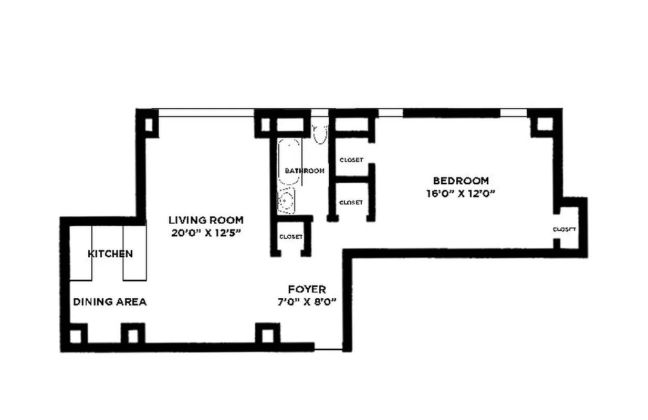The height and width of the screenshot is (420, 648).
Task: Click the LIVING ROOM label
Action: pos(206,220)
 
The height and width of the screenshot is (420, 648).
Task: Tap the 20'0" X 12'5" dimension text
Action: pos(206,233)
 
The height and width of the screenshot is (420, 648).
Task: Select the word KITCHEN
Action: pos(110,254)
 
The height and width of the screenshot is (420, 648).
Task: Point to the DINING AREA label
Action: pos(109,302)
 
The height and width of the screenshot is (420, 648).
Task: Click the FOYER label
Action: pos(307,289)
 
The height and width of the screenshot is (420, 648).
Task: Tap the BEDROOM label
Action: pos(461,181)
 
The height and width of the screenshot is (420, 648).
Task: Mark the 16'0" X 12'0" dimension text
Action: pos(461,193)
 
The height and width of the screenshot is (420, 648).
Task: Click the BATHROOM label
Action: pos(305,171)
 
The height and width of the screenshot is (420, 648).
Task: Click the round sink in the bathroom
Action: pos(286,201)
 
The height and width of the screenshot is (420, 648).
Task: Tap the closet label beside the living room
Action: pos(291,237)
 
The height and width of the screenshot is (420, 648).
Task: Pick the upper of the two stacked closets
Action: pos(351,160)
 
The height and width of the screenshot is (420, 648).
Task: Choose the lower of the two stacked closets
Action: pos(351,202)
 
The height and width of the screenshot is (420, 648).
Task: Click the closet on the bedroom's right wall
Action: pos(567,229)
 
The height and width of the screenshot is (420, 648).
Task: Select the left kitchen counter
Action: pos(81,253)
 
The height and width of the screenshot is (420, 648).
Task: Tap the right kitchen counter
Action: pos(134,253)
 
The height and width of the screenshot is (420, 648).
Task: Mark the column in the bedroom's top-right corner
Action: pos(545,124)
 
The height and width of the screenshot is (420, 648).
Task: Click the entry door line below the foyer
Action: pos(328,350)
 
